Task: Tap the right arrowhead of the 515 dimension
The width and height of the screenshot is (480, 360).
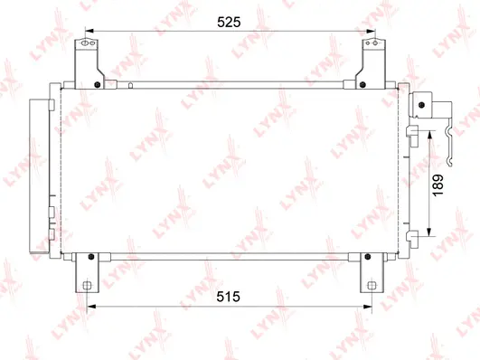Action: [369, 308]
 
